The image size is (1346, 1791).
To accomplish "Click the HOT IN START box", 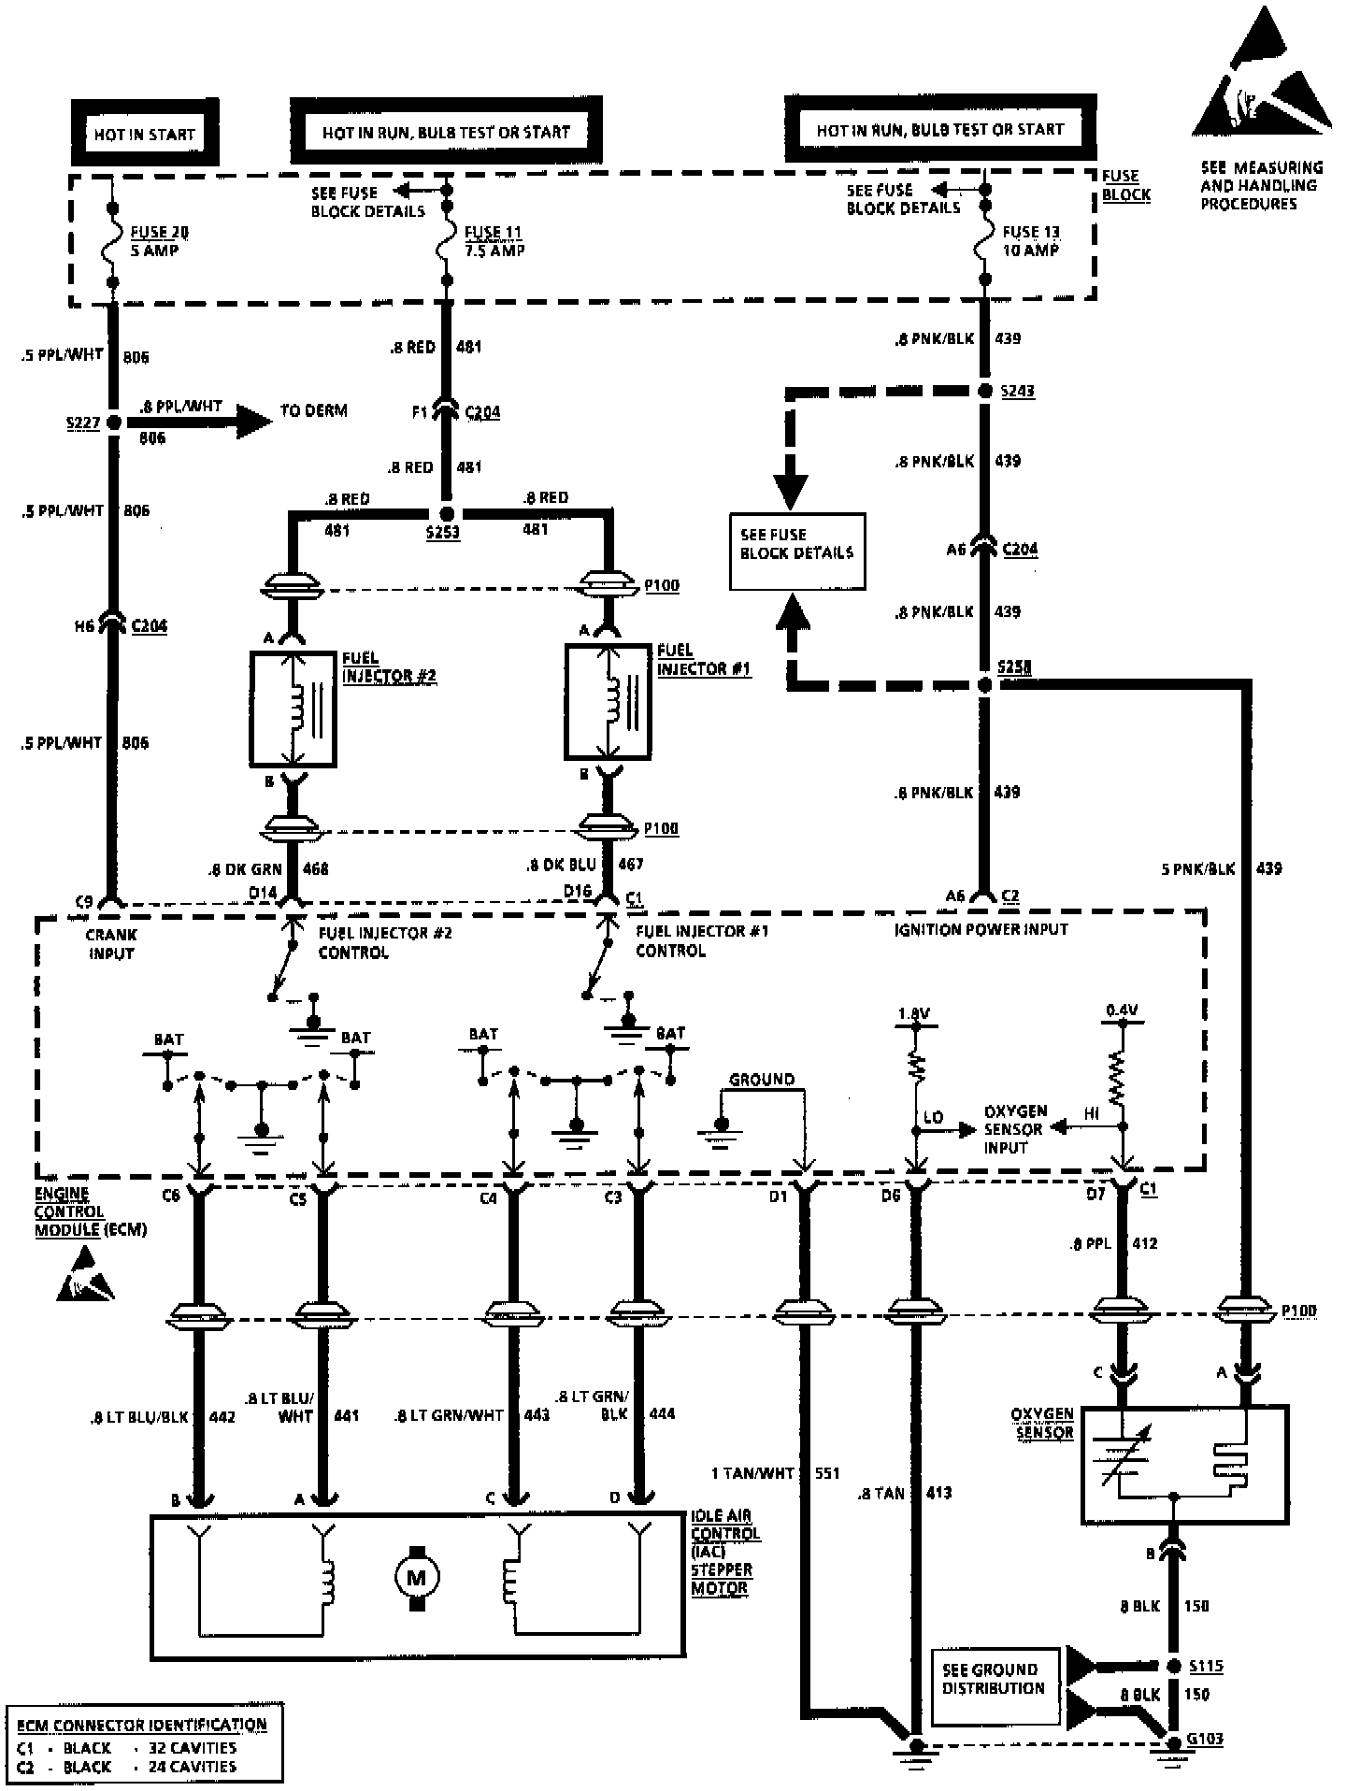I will click(x=145, y=134).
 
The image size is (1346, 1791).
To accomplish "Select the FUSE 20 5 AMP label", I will click(x=154, y=241).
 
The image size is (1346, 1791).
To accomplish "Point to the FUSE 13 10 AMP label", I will click(x=1031, y=241).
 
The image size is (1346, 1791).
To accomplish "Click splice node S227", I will click(x=114, y=423).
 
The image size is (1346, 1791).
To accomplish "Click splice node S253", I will click(x=447, y=514).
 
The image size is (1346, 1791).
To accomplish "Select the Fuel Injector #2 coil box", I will click(x=293, y=709).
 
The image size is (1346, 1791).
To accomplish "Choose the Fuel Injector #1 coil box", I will click(x=609, y=701).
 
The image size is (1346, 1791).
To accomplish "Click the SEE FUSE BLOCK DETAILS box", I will click(x=796, y=551).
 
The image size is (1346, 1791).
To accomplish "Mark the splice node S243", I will click(x=984, y=391).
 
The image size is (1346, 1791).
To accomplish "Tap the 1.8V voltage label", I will click(x=914, y=1013).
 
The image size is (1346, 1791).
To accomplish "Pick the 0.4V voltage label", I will click(x=1122, y=1010).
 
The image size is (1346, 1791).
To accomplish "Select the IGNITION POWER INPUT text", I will click(x=981, y=929).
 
